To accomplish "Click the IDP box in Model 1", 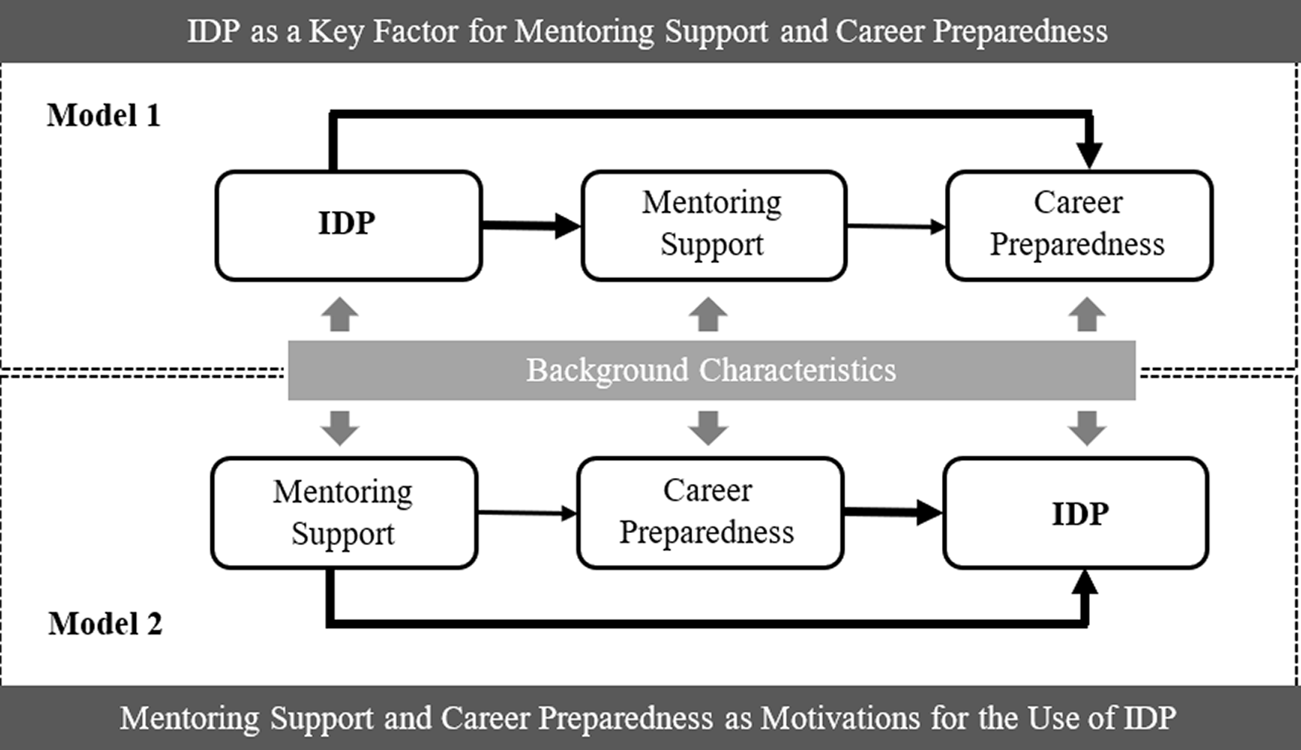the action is (349, 225).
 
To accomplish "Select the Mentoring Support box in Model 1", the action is (714, 225).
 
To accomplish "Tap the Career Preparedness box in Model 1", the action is (1079, 225).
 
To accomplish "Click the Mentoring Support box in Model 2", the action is (344, 513).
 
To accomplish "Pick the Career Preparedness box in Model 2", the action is (710, 513).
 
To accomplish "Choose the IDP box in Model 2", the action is (1076, 513).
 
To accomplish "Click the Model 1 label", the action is (103, 115).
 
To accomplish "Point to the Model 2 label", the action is (105, 624).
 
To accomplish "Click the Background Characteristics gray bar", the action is (711, 370).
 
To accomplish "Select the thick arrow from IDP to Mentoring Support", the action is (531, 225).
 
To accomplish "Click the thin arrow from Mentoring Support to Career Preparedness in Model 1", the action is (897, 226).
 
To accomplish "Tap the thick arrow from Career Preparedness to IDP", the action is (893, 512).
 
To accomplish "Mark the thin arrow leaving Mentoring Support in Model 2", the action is (527, 513).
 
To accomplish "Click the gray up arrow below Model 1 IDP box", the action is (340, 314).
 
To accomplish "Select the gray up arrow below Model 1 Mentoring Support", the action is (708, 314).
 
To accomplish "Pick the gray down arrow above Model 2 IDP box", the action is (1087, 428).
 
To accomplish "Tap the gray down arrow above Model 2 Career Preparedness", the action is (708, 428).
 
